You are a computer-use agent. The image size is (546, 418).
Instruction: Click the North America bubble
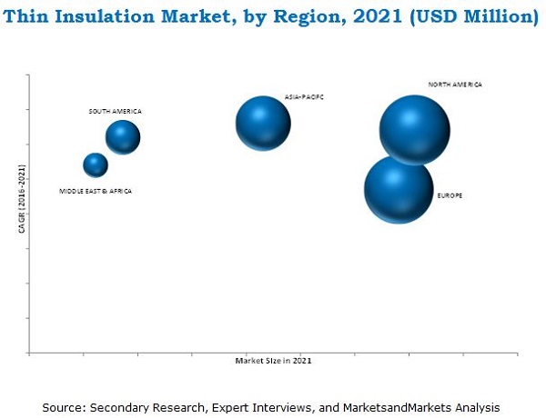(x=414, y=130)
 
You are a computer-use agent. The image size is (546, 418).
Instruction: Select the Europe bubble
(x=399, y=189)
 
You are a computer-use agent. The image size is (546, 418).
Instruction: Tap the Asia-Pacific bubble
(x=263, y=123)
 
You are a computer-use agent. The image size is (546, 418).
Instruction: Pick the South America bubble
(x=123, y=137)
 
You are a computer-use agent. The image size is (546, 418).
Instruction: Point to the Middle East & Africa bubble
(x=96, y=164)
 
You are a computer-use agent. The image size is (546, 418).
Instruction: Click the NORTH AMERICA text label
(x=455, y=85)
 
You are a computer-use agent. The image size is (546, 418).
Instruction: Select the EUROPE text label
(x=450, y=195)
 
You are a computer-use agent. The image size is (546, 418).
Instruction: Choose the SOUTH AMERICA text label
(x=115, y=111)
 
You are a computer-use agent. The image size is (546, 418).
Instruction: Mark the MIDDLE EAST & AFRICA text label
(x=96, y=191)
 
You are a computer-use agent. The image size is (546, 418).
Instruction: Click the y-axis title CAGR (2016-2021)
(x=21, y=198)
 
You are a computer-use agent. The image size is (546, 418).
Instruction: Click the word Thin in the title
(x=33, y=15)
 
